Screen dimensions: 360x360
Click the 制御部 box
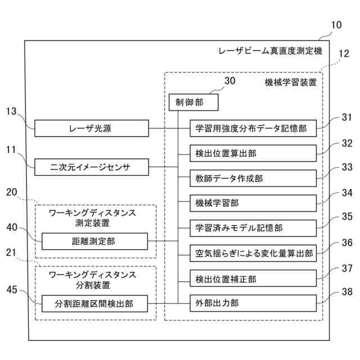click(x=192, y=103)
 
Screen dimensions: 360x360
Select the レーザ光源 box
click(x=92, y=128)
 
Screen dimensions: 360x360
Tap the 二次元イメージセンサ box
click(x=92, y=167)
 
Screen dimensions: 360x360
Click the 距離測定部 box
click(x=94, y=242)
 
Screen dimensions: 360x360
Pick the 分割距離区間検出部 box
click(x=94, y=304)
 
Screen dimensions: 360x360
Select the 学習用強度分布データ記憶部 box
click(x=251, y=128)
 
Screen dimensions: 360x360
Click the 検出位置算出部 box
click(x=251, y=154)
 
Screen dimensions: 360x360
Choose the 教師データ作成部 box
click(x=251, y=178)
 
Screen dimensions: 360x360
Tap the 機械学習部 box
click(x=251, y=203)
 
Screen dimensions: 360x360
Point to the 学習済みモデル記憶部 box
click(x=251, y=228)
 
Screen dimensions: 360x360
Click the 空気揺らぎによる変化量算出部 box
click(x=251, y=253)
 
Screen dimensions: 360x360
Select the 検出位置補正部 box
click(x=251, y=278)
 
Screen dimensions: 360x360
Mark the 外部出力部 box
click(x=251, y=303)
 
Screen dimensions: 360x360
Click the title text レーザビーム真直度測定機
click(x=270, y=51)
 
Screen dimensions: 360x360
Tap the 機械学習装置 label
click(x=290, y=82)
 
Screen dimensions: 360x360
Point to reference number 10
click(x=336, y=25)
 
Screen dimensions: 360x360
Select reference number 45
click(x=12, y=290)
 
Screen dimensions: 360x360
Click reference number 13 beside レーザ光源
click(x=12, y=111)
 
